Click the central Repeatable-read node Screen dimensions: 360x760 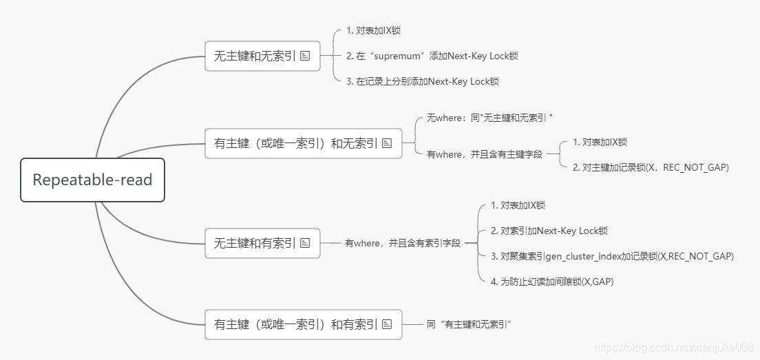tap(92, 180)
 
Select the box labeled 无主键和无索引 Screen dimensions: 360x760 tap(255, 56)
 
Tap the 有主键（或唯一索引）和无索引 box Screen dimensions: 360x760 tap(295, 143)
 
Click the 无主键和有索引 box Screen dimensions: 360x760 tap(255, 243)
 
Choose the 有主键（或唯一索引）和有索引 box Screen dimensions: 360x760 tap(295, 324)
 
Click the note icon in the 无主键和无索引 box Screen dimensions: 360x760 tap(305, 56)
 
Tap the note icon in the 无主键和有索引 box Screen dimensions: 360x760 tap(305, 243)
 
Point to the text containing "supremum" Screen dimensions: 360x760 tap(432, 56)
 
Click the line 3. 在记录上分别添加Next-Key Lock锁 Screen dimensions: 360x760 tap(423, 81)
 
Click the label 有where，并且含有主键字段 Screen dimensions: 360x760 tap(484, 155)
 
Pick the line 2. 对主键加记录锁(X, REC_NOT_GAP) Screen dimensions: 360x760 tap(650, 167)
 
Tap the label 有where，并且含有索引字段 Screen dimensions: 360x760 tap(402, 243)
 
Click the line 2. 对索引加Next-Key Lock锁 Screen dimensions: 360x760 tap(549, 231)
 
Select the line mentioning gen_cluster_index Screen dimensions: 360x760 tap(612, 256)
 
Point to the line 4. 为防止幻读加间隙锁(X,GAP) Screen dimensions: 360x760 tap(551, 282)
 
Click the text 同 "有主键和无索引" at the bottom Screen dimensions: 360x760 tap(471, 324)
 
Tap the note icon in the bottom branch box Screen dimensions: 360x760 tap(386, 324)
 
